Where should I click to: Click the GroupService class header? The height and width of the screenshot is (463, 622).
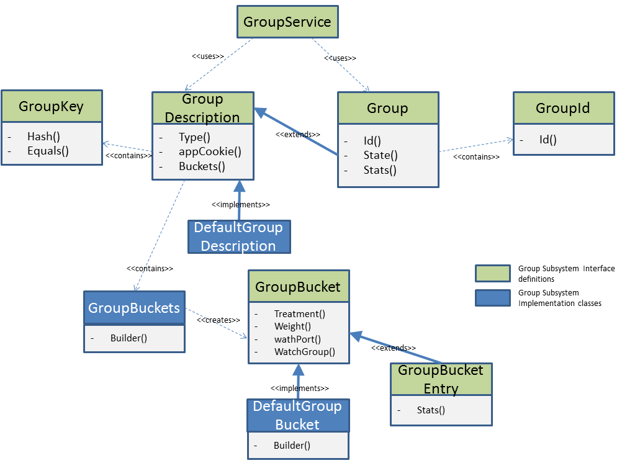click(287, 22)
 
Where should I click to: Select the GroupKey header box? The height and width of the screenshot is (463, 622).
click(52, 106)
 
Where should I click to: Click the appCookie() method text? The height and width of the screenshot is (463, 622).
click(210, 151)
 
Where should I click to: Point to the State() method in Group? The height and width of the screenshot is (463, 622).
click(381, 155)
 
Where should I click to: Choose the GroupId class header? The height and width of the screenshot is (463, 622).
click(563, 108)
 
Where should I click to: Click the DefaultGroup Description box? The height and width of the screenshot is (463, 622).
click(238, 236)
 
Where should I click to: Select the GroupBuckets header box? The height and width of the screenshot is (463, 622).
click(134, 308)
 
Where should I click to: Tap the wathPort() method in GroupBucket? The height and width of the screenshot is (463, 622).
click(297, 339)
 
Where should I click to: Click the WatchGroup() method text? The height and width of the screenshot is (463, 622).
click(304, 352)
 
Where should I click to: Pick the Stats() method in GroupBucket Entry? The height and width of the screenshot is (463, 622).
click(431, 410)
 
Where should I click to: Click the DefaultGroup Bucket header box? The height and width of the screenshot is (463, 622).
click(297, 415)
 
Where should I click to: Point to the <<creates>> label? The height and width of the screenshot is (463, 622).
click(219, 320)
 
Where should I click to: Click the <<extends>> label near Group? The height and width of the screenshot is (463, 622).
click(298, 134)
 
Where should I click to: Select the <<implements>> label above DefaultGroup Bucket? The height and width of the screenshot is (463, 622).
click(299, 388)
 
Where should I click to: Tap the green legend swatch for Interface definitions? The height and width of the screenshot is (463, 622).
click(492, 274)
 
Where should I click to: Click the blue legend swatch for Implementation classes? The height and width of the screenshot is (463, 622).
click(492, 298)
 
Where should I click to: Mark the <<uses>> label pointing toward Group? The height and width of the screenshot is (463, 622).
click(340, 58)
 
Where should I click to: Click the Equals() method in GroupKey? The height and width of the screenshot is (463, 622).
click(48, 150)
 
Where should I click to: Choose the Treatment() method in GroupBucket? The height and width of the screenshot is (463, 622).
click(299, 314)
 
